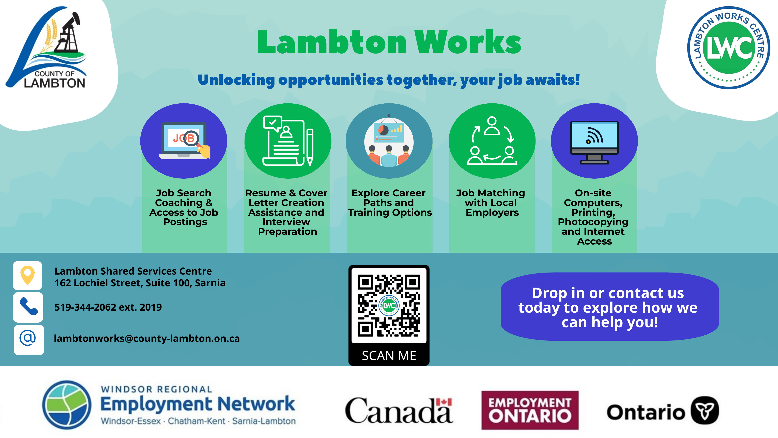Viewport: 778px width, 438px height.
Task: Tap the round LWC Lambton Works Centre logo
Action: (729, 48)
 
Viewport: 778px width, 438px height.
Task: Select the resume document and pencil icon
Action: (288, 141)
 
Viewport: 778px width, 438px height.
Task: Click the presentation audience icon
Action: (389, 141)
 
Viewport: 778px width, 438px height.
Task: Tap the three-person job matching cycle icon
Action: (492, 141)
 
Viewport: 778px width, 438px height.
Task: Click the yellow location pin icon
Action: (28, 275)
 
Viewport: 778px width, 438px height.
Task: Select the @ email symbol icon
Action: (28, 338)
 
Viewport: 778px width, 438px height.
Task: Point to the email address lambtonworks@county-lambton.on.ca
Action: (147, 339)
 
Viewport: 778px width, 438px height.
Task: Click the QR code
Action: (389, 305)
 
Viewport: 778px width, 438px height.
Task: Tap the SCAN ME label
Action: (389, 356)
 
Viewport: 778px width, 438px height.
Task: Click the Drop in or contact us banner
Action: (609, 307)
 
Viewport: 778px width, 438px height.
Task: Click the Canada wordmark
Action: (399, 410)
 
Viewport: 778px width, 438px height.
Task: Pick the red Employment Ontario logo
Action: (530, 410)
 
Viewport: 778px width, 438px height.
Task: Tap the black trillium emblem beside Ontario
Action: (705, 410)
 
